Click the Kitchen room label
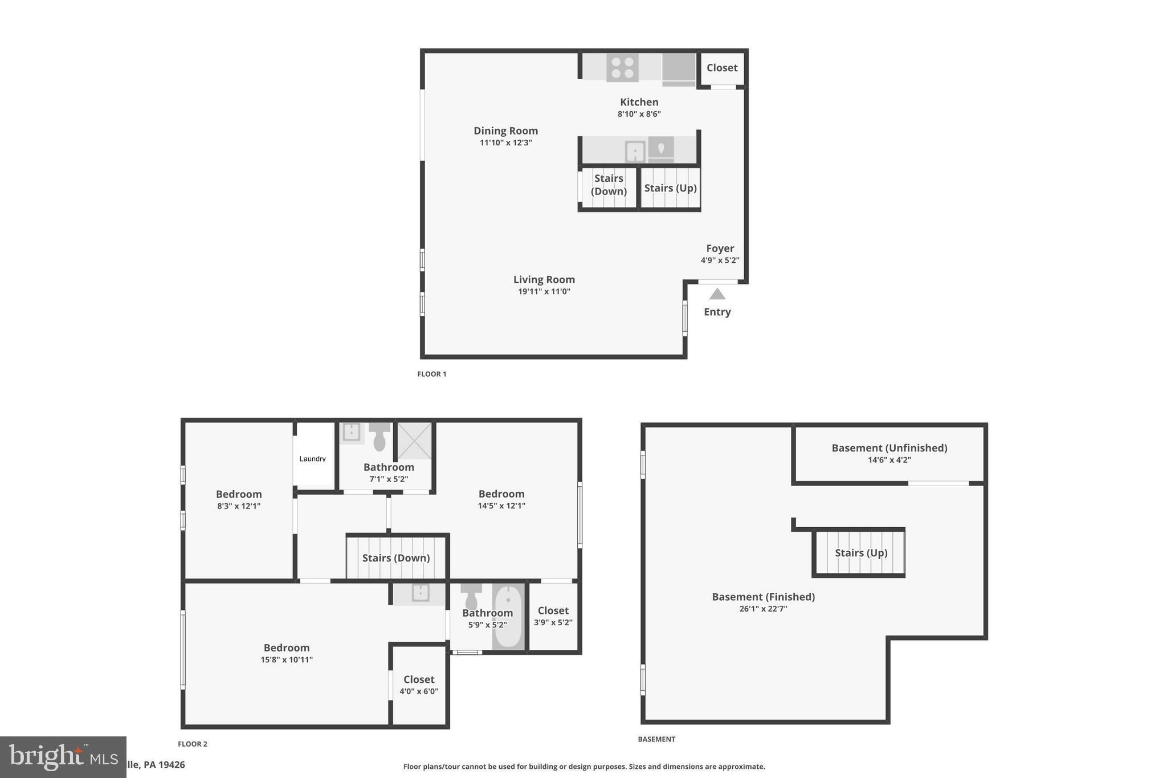(x=639, y=102)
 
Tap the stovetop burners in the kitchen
(x=622, y=67)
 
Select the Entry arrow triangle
(x=717, y=294)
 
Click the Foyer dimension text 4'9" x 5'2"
(x=720, y=260)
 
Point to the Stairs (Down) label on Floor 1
(x=609, y=185)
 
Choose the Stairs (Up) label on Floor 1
(x=670, y=188)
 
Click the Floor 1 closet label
(x=722, y=68)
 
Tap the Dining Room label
(x=505, y=131)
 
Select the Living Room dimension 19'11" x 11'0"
(x=544, y=292)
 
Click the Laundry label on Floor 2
(x=312, y=459)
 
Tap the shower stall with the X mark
(x=414, y=440)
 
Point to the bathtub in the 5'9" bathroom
(x=508, y=617)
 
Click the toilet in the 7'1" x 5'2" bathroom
(x=380, y=437)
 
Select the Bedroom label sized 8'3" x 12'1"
(x=239, y=494)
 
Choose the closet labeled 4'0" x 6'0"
(x=419, y=685)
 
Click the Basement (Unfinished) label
(x=889, y=448)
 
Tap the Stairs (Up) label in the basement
(x=861, y=553)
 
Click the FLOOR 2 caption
(x=193, y=744)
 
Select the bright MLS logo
(x=63, y=757)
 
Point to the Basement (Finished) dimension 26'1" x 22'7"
(x=763, y=609)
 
